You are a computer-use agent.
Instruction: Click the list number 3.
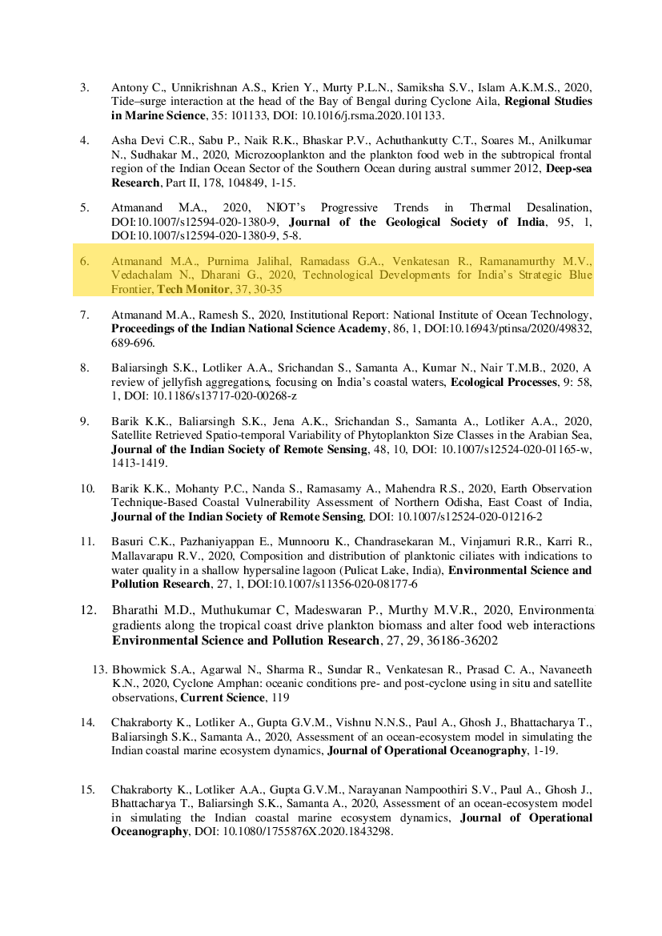click(x=84, y=86)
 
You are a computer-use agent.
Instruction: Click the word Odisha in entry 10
click(x=439, y=502)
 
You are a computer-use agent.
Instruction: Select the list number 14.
click(x=87, y=722)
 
